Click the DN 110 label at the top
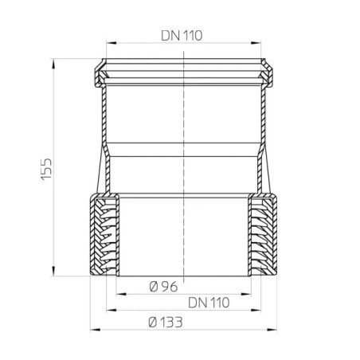181,35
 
